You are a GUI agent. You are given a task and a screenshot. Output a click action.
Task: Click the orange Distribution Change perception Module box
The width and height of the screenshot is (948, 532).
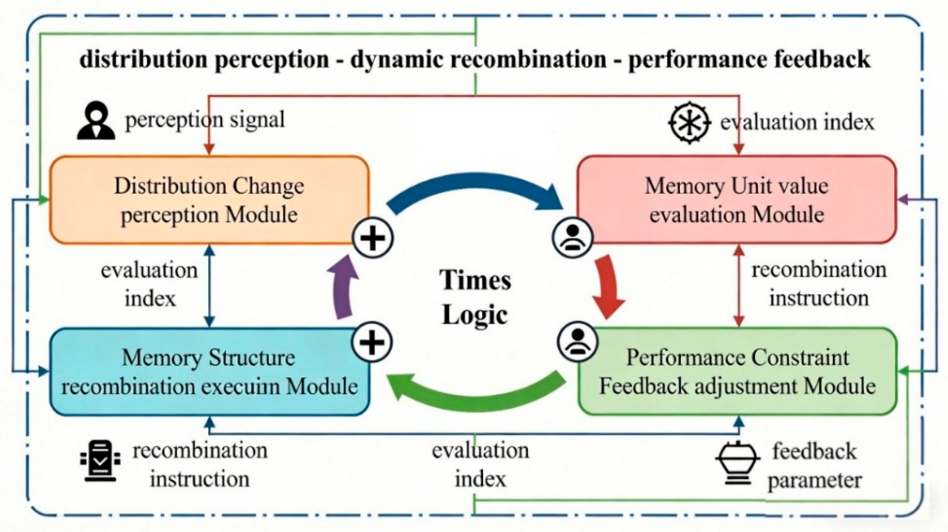[x=209, y=200]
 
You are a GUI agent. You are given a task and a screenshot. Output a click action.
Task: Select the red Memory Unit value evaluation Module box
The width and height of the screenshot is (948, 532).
[x=736, y=200]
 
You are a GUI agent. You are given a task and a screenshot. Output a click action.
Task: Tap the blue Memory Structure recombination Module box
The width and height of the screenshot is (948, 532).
[x=209, y=372]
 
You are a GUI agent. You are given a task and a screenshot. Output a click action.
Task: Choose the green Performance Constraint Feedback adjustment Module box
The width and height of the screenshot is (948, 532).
[x=737, y=372]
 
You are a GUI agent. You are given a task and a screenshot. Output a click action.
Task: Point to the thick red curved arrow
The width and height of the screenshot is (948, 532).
[x=609, y=287]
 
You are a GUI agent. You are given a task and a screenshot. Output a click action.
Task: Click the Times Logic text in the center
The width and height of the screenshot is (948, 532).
[x=476, y=297]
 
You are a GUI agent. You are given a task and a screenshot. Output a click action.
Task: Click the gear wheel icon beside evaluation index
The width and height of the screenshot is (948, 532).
[x=689, y=122]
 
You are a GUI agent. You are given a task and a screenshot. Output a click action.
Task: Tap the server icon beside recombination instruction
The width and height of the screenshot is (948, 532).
[x=100, y=461]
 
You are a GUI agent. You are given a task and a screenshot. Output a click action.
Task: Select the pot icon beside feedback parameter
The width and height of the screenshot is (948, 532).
[x=738, y=463]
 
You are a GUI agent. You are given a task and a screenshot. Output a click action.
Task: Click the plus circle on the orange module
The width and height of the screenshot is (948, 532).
[x=373, y=238]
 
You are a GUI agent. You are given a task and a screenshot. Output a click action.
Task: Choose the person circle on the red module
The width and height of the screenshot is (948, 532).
[x=572, y=238]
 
